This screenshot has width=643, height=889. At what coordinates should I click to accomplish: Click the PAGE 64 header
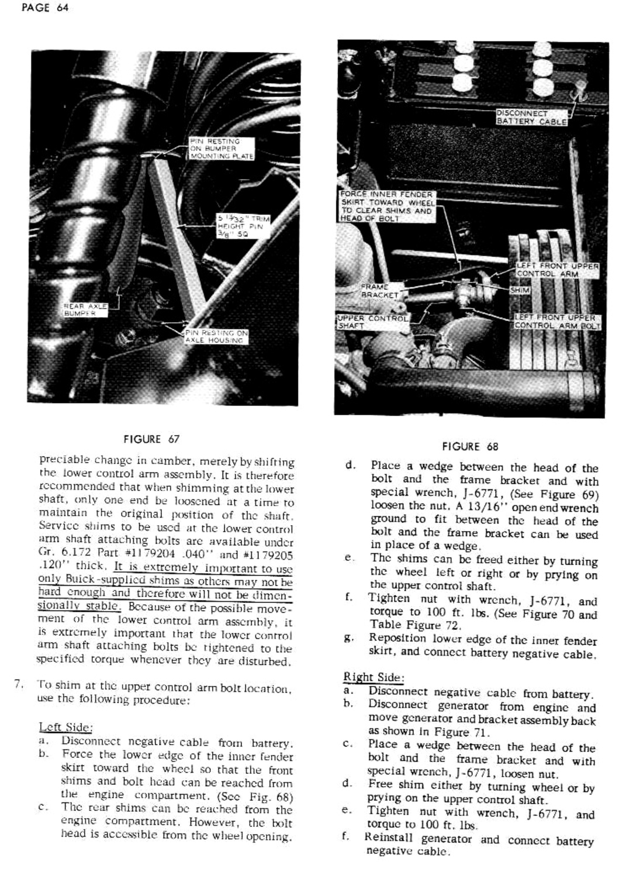[44, 8]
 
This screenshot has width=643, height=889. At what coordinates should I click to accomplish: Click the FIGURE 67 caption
[151, 439]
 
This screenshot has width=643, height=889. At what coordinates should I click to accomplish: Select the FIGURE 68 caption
[470, 447]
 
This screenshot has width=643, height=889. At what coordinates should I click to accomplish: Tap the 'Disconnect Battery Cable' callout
[531, 118]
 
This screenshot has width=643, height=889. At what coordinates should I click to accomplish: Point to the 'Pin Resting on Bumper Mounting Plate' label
[222, 149]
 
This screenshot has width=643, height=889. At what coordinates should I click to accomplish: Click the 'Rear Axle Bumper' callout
[85, 309]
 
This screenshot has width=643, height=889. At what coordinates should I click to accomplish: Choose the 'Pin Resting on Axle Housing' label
[215, 336]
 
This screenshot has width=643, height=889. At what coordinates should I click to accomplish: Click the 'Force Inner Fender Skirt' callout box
[387, 206]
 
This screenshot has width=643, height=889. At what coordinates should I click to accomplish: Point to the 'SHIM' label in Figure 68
[520, 290]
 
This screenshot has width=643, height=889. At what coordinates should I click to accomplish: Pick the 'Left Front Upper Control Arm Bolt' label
[557, 322]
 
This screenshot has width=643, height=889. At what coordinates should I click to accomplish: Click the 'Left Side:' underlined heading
[65, 728]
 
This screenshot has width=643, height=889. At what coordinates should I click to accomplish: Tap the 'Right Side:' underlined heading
[372, 677]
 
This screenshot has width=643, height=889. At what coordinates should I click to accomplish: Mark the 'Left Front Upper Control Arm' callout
[557, 270]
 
